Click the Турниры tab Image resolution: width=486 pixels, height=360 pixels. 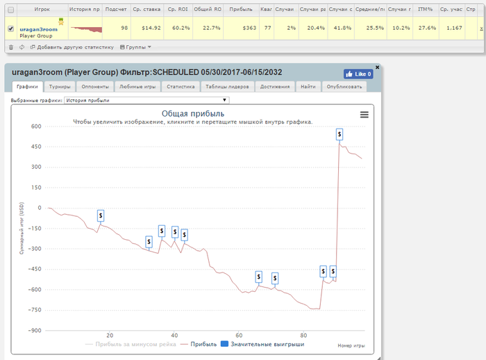(x=60, y=87)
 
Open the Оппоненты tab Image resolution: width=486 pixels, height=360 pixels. (x=94, y=87)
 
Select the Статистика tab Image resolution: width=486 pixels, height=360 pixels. (x=181, y=87)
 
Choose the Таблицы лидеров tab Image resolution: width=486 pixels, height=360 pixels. (x=228, y=87)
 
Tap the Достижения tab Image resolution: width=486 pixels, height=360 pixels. (x=275, y=87)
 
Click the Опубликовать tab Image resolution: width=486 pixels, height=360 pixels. (x=344, y=87)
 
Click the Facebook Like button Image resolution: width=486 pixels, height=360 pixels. (x=358, y=73)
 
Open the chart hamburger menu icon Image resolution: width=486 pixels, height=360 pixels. (x=364, y=115)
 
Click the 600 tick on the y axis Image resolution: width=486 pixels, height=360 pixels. (x=35, y=126)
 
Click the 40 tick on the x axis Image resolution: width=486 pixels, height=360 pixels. (x=174, y=335)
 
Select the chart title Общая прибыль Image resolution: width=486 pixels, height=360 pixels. (x=192, y=113)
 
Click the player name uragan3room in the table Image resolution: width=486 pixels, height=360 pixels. (x=36, y=28)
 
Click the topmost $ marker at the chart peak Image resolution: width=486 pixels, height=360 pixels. (x=340, y=134)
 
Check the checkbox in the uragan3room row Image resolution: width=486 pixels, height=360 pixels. (x=10, y=28)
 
